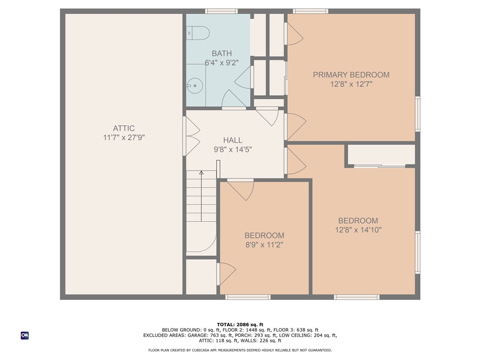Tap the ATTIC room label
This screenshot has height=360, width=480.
point(124,128)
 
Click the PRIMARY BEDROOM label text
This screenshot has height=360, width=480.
point(351,75)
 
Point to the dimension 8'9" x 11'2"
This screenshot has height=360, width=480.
point(264,245)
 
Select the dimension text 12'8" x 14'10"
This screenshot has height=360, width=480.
point(358,230)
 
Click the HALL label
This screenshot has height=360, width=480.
point(232,140)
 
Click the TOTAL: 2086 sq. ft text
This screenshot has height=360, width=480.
point(240,324)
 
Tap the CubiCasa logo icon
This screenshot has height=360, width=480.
point(25,335)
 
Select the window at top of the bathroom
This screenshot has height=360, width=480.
point(221,11)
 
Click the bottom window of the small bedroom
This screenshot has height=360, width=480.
point(248,297)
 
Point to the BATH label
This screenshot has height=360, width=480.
point(221,53)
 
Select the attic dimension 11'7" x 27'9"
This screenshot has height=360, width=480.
point(124,138)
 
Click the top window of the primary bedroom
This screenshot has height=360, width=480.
point(310,11)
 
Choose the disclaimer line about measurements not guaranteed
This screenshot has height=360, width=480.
point(240,350)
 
